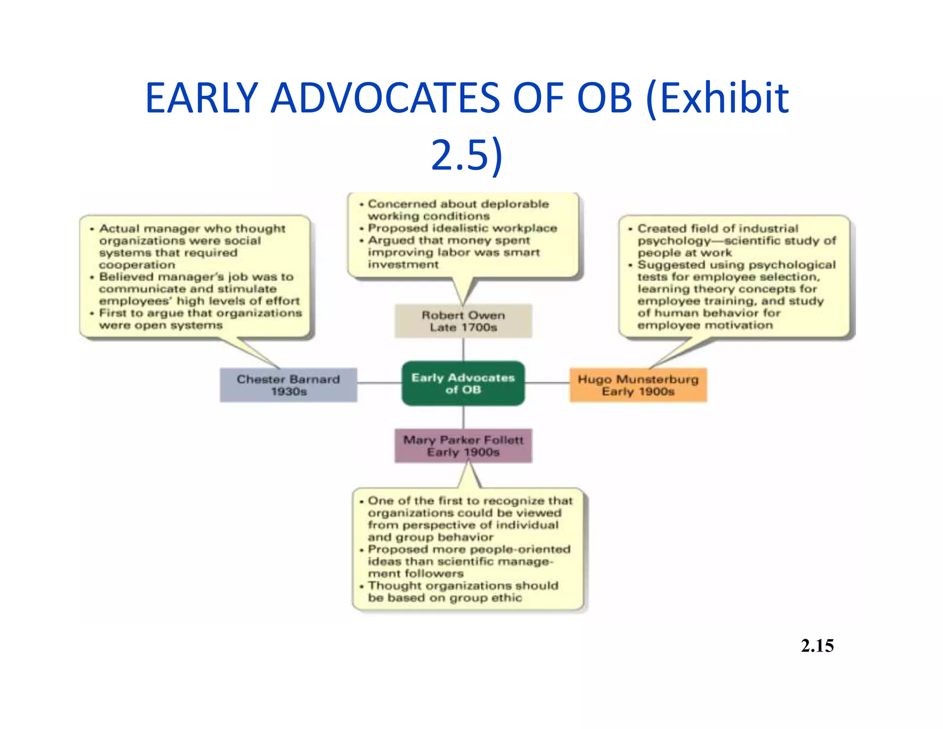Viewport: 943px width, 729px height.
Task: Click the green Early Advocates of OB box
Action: (x=463, y=383)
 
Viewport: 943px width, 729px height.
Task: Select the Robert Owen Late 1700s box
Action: (x=463, y=321)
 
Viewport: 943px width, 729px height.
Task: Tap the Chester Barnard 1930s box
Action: (x=288, y=385)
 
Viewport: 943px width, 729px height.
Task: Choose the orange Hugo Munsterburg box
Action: (x=638, y=385)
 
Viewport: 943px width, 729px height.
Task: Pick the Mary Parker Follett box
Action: (x=463, y=446)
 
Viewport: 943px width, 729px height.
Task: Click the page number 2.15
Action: (x=817, y=646)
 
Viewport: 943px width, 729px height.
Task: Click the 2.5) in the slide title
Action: (x=466, y=155)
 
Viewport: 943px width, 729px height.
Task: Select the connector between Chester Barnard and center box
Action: (x=379, y=383)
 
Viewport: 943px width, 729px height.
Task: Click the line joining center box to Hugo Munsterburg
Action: (x=547, y=383)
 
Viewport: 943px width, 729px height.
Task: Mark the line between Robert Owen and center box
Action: (x=463, y=349)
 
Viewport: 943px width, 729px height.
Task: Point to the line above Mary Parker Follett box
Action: (x=463, y=417)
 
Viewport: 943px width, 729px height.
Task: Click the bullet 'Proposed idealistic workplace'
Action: (x=462, y=228)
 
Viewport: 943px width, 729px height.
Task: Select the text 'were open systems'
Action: (x=161, y=325)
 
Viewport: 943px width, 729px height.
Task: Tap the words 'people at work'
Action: (x=684, y=253)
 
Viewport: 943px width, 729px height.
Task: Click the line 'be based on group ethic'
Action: (x=445, y=598)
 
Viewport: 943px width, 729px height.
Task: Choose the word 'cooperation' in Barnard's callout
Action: (x=137, y=265)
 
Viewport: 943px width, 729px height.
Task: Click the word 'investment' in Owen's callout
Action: (x=403, y=265)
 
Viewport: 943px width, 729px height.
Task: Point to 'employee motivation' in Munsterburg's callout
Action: (x=705, y=325)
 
